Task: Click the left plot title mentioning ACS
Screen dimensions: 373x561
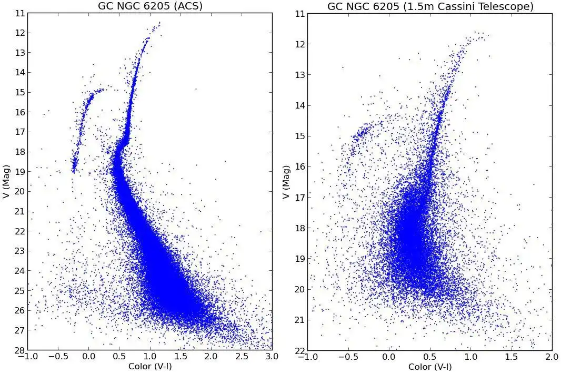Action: (151, 6)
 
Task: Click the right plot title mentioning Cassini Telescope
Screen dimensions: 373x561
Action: (430, 6)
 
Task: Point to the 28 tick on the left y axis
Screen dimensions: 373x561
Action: (18, 350)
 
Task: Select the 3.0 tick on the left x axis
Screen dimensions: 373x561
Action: (272, 357)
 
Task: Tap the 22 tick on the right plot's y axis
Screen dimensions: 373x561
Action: (298, 351)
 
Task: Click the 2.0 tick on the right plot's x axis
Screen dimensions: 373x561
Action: (552, 357)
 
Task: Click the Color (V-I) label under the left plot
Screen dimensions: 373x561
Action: (150, 367)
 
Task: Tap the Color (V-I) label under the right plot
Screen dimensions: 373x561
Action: (430, 367)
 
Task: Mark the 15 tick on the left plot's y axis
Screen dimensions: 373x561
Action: (18, 92)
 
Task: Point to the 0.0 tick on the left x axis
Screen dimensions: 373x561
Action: (89, 357)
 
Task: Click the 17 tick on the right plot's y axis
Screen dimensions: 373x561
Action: (298, 197)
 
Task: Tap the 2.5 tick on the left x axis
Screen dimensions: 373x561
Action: (242, 357)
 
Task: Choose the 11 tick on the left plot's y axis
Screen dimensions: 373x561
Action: (18, 13)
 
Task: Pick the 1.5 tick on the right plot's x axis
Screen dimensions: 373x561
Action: (511, 357)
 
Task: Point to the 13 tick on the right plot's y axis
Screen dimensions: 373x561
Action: (298, 74)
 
